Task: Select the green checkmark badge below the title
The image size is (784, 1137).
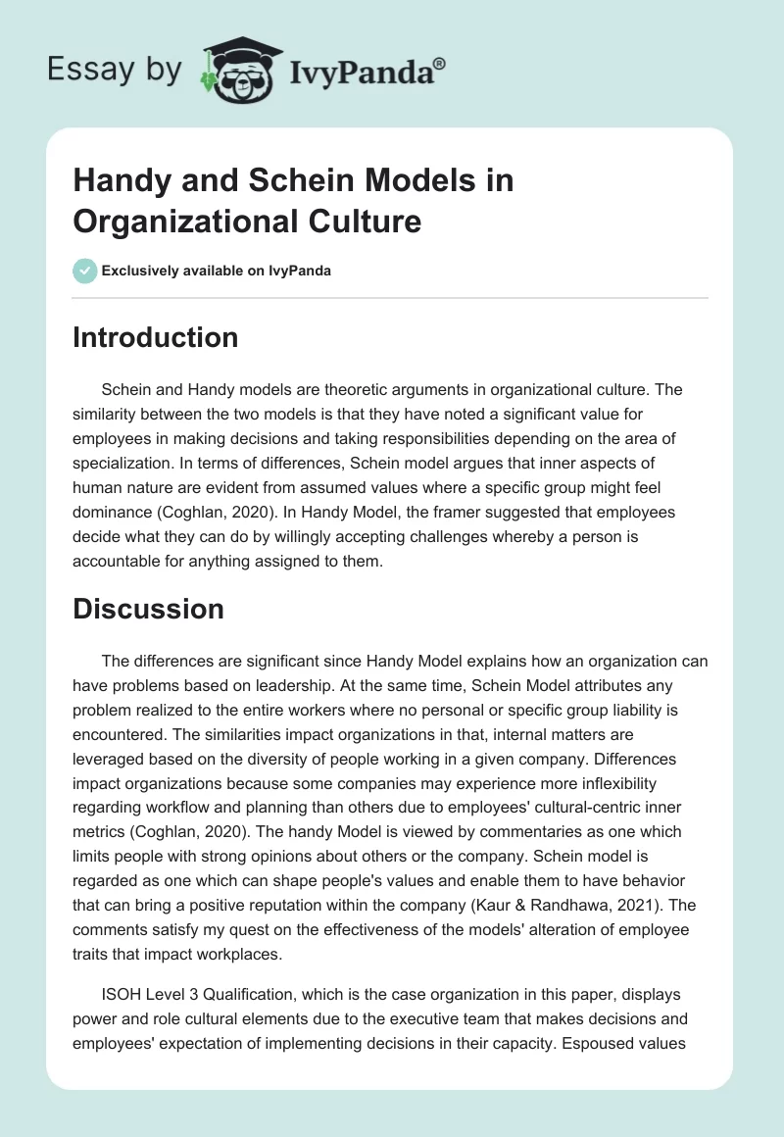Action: [x=85, y=271]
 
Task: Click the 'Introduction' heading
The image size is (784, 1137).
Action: [x=155, y=338]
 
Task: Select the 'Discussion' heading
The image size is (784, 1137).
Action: [x=148, y=609]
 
